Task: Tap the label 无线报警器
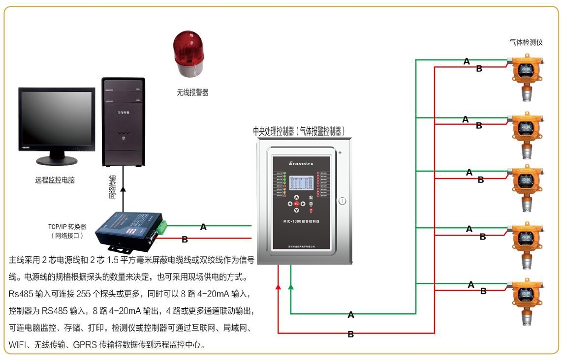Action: (192, 92)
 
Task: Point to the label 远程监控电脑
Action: (55, 180)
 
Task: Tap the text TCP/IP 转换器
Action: (67, 227)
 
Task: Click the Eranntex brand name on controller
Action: (304, 163)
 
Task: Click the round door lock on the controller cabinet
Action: (343, 201)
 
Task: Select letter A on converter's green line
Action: (203, 227)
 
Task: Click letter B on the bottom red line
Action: (350, 334)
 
